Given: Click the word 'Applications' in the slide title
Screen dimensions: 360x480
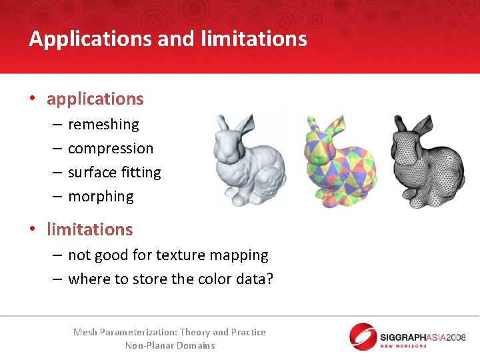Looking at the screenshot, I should (91, 39).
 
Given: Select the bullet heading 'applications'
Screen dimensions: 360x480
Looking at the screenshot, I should (95, 99).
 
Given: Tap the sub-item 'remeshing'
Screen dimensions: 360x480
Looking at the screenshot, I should (103, 124).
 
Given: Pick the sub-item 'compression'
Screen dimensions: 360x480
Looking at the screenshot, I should (111, 148).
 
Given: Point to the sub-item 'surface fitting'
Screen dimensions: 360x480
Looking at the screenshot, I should (115, 172).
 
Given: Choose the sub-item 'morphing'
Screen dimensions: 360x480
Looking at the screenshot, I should (101, 196).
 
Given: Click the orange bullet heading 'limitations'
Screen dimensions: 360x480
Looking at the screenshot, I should (90, 229).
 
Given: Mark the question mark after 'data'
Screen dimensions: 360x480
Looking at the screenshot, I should (269, 279).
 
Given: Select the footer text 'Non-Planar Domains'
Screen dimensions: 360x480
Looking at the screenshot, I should (170, 345).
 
